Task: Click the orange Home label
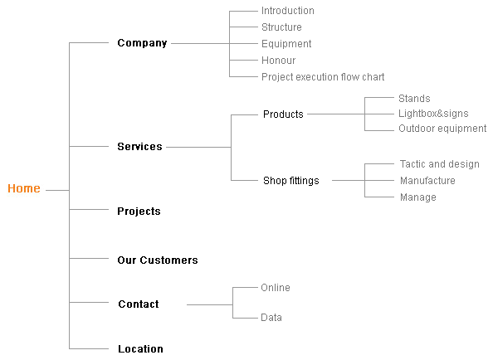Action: pos(24,188)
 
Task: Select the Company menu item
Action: pos(142,43)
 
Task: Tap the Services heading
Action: pos(139,146)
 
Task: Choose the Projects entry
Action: pos(139,212)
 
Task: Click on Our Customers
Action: pos(158,260)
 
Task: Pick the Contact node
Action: pos(139,304)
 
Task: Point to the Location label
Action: pos(140,348)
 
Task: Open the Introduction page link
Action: pos(288,11)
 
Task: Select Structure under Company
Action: pos(281,27)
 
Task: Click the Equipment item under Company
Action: pos(286,44)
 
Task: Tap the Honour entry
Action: pos(279,61)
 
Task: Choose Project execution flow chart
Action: pos(323,77)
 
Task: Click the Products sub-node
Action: pos(283,114)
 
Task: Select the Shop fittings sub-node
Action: pos(291,181)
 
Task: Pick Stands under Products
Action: pos(414,99)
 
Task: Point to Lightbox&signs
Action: pos(433,114)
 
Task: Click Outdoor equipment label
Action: pos(442,129)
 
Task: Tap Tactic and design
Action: pos(440,164)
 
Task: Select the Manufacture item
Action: pos(427,181)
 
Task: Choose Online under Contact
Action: pos(276,288)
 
